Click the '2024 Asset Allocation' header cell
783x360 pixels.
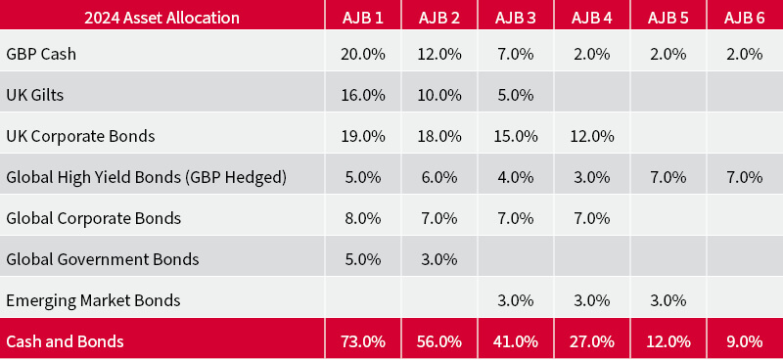161,17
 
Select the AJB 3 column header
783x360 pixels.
516,17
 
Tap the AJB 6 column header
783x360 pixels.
744,17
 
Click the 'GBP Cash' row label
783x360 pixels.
41,54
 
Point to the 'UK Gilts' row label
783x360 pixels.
36,95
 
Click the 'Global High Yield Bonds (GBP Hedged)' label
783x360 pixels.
146,177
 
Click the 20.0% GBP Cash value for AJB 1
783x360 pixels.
363,54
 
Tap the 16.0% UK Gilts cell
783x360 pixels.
363,95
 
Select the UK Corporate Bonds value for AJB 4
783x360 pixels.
592,136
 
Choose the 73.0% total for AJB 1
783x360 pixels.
363,340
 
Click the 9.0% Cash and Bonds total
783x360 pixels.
744,340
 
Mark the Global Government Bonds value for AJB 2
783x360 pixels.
439,259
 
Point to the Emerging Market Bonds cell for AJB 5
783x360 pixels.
668,300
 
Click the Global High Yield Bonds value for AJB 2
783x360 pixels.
439,177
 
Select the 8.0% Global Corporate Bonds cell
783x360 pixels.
363,218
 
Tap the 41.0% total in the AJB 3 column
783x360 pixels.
516,340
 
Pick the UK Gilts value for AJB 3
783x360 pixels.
516,95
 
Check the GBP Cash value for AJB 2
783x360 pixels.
439,54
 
